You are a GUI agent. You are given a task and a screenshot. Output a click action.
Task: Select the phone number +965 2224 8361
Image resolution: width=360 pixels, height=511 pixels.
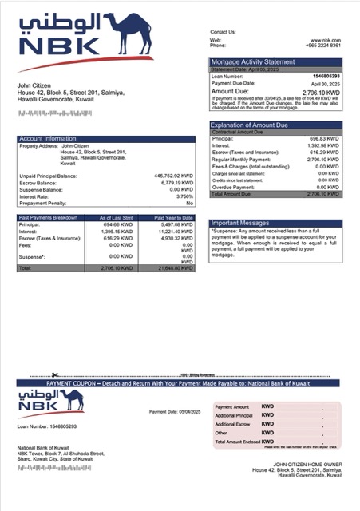323,46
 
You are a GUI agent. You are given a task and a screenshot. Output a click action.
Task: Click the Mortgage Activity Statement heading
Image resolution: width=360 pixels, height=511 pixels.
252,61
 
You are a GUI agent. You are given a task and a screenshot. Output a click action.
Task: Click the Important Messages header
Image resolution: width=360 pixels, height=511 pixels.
241,223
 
